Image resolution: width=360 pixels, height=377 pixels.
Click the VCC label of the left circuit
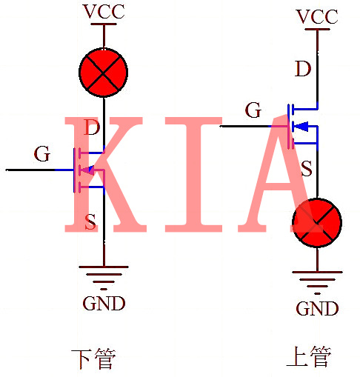click(104, 12)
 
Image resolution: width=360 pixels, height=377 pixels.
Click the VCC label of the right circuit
click(317, 16)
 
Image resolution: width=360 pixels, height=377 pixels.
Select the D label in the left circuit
click(92, 127)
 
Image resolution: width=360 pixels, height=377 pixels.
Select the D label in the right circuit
click(302, 70)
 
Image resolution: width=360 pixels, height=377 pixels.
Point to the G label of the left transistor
click(42, 155)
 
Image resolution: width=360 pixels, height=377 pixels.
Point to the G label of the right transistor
click(253, 111)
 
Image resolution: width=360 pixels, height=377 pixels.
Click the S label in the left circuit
click(90, 221)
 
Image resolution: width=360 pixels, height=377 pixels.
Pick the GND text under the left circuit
click(104, 303)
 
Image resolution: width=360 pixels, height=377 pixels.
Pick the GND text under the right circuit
click(317, 308)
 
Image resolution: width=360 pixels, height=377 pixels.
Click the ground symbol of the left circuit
click(104, 276)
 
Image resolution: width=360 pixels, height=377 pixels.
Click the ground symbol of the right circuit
click(317, 281)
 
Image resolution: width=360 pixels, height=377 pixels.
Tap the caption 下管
click(93, 359)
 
